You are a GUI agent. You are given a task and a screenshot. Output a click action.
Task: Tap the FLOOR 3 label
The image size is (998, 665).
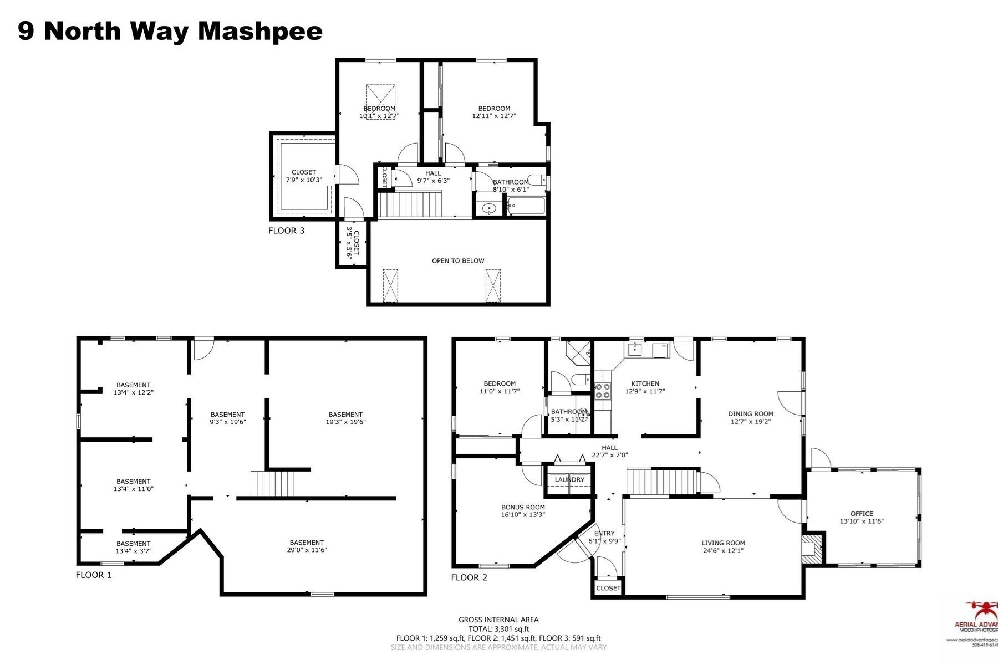(286, 231)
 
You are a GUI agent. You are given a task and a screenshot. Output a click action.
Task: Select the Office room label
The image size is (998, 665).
(862, 514)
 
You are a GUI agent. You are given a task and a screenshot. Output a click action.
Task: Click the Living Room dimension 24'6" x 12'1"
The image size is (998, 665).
(722, 551)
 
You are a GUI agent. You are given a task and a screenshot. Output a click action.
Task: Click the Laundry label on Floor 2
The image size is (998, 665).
(569, 479)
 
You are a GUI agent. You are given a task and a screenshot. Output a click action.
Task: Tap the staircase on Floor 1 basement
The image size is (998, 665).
(271, 484)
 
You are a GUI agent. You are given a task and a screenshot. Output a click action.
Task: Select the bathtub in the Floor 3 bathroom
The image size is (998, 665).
(527, 207)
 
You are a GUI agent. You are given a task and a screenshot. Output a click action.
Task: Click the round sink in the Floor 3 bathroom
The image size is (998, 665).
(489, 209)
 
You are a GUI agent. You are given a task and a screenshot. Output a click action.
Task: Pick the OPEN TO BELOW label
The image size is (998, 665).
(458, 260)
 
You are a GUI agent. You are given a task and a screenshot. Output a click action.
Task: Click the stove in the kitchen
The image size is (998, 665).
(603, 391)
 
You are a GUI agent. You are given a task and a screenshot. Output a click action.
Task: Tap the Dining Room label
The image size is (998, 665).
(751, 413)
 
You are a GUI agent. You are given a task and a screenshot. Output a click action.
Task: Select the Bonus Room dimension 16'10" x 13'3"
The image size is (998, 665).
(523, 515)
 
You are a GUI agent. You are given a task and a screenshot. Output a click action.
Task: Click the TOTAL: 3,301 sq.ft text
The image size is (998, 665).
(498, 629)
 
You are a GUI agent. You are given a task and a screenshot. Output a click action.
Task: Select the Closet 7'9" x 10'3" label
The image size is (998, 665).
(304, 176)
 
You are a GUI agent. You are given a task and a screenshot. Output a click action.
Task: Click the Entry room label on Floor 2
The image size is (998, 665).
(604, 533)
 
